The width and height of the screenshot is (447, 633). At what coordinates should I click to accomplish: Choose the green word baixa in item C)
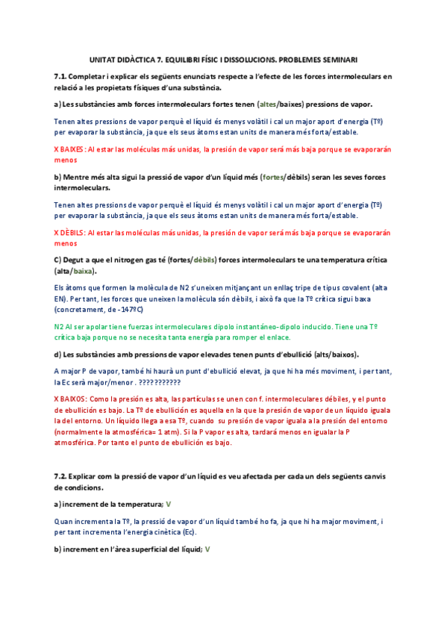[x=84, y=271]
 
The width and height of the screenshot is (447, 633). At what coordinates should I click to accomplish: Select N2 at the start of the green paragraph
[x=59, y=326]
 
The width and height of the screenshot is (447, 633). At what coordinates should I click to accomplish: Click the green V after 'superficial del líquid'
[x=207, y=549]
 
